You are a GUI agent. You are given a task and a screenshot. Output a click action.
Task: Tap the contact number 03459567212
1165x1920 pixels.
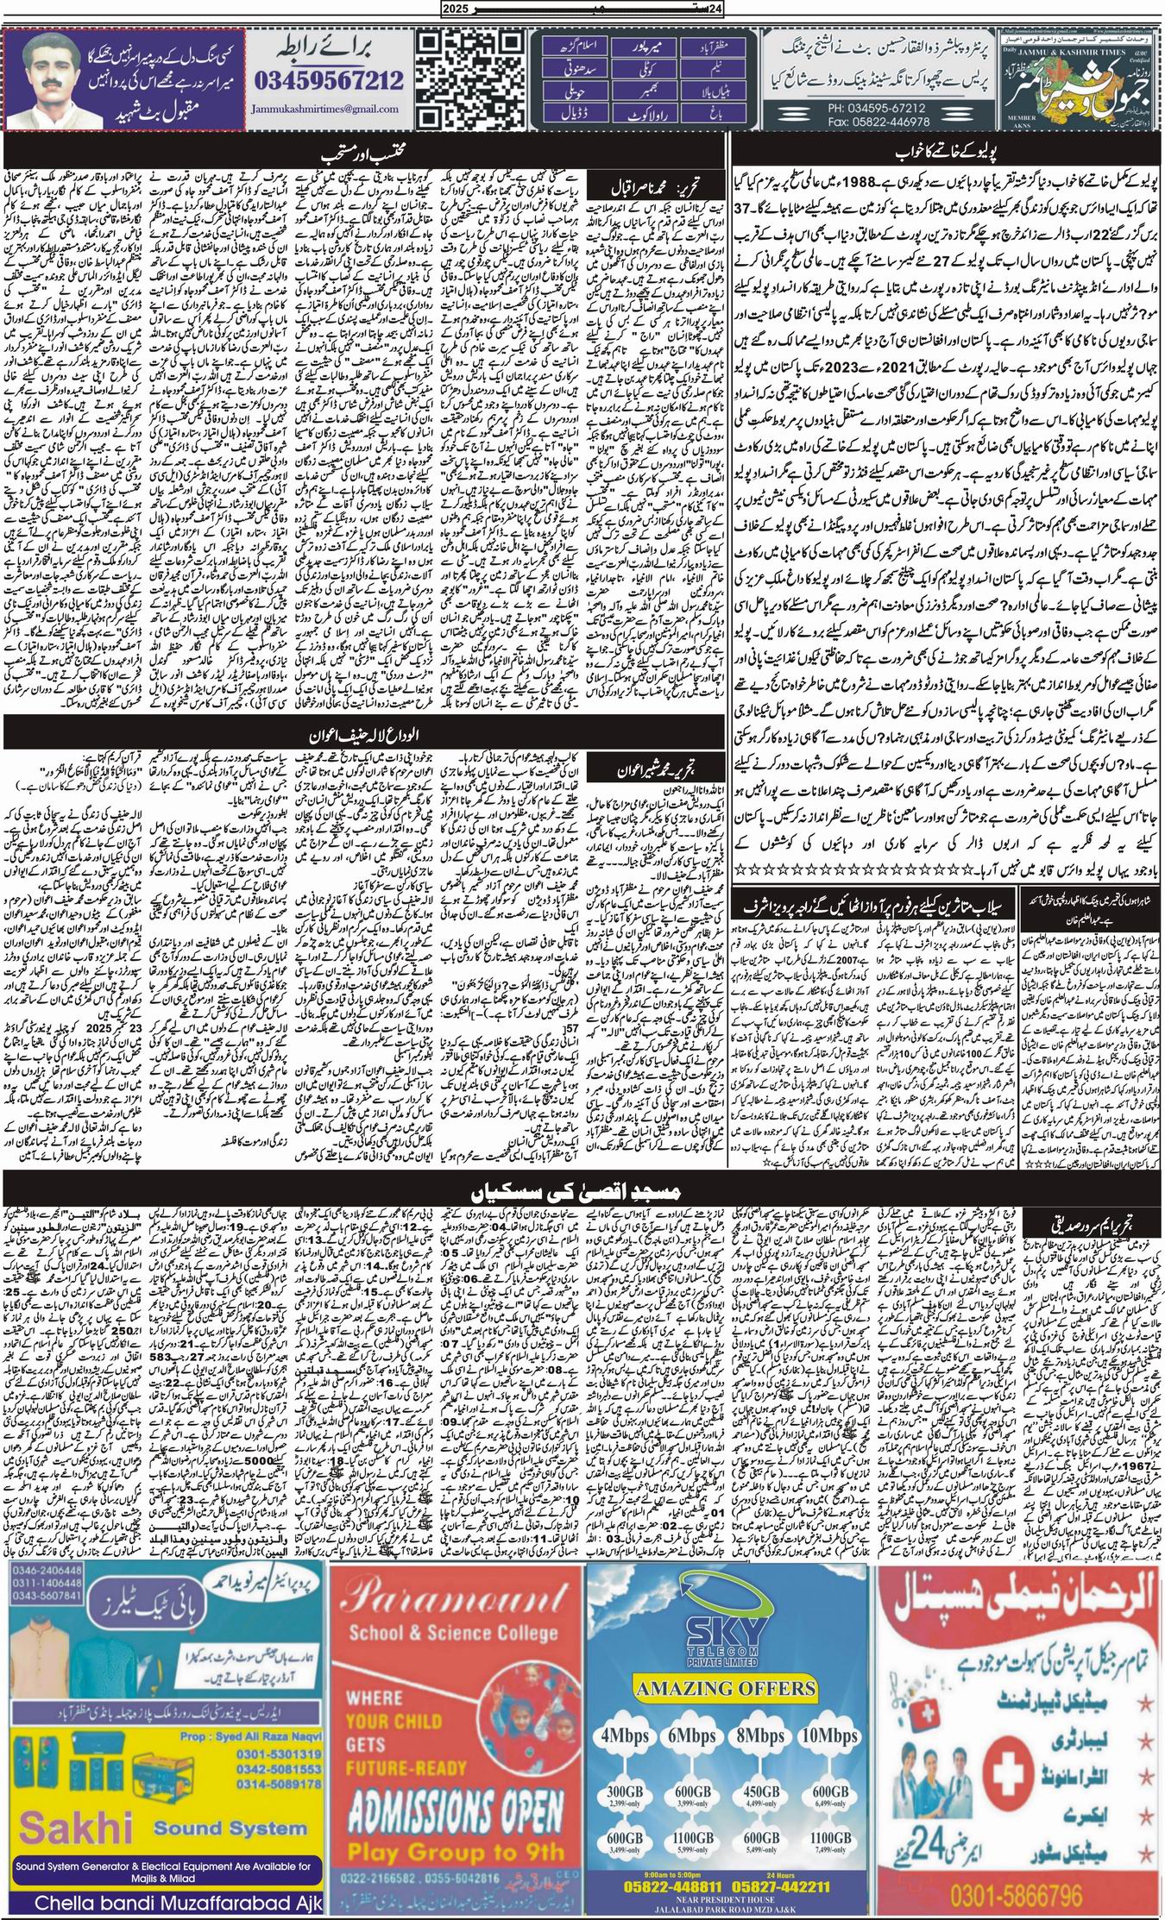click(329, 81)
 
